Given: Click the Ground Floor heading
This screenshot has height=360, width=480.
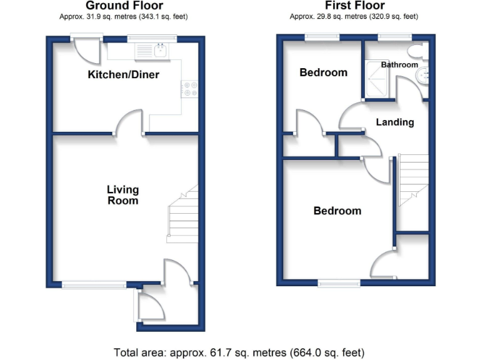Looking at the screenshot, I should point(124,6).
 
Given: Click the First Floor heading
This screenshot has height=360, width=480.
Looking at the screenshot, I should point(351,6).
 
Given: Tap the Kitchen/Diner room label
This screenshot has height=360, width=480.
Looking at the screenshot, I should point(123,75).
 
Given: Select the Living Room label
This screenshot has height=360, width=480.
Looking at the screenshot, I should point(122,195).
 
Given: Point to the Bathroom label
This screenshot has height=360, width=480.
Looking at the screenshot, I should point(399,64).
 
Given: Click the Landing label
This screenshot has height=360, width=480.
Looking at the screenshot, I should point(394,122).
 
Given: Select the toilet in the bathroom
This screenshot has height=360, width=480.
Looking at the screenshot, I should point(415,51).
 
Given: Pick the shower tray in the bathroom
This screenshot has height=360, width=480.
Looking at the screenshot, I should point(379,79).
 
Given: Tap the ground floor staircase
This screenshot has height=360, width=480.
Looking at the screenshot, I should point(182,216).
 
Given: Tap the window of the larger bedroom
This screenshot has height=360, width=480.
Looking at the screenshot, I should point(339,284).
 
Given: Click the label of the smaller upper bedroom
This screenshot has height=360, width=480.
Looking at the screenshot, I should point(323,72).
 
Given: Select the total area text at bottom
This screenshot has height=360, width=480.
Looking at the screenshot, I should point(239,352).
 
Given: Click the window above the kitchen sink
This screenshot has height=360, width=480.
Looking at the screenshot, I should point(152,38).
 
